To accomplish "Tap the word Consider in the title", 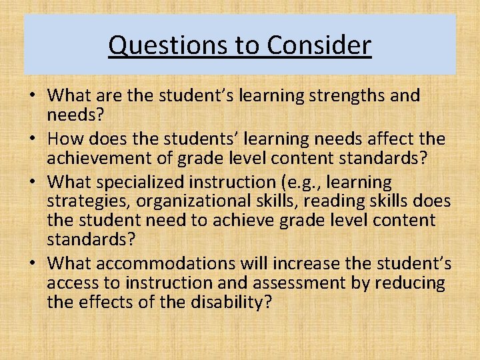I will pyautogui.click(x=319, y=45).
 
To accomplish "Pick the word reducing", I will pyautogui.click(x=409, y=283).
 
